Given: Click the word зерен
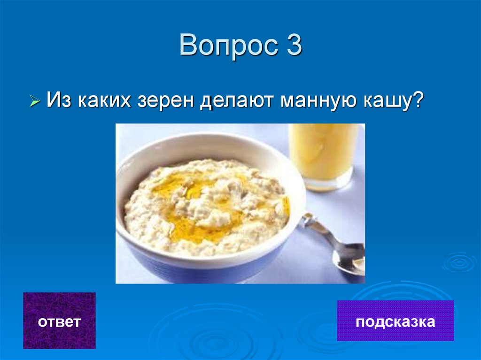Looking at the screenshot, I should [x=166, y=100].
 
